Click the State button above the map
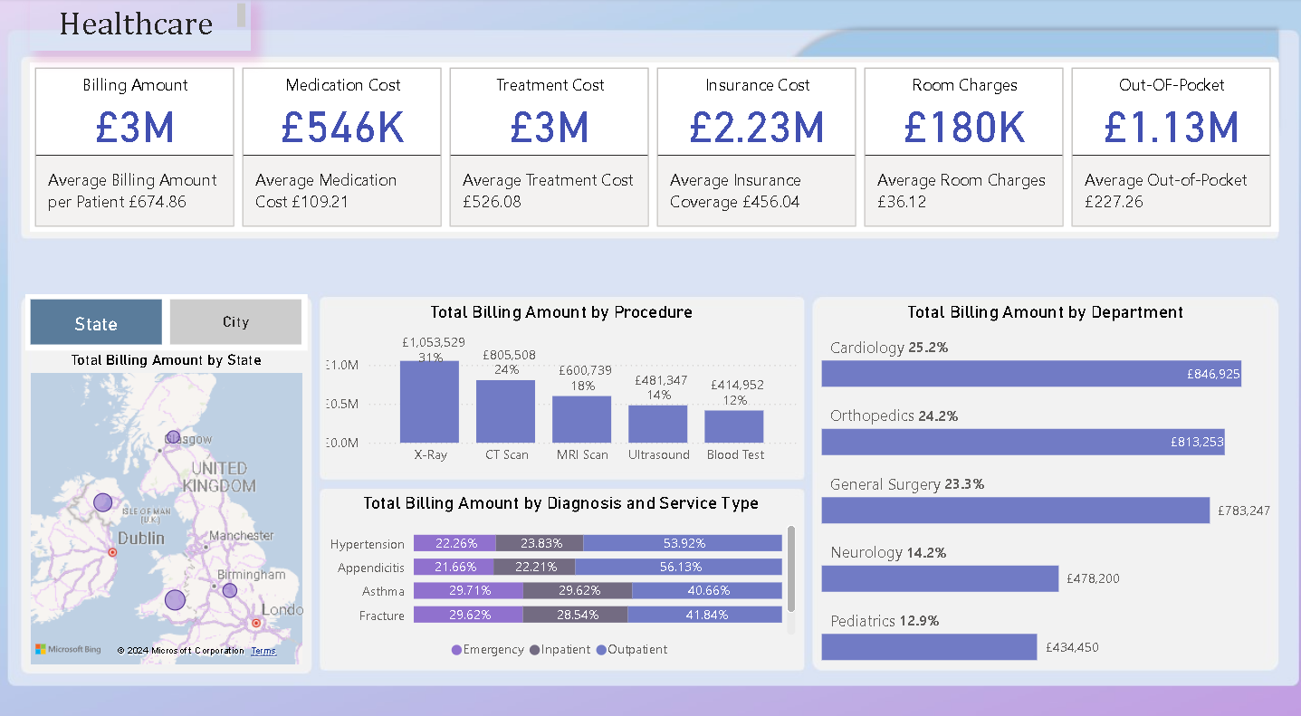click(x=96, y=323)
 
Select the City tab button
click(x=235, y=322)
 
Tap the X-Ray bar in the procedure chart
click(x=429, y=402)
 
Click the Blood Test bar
click(x=734, y=426)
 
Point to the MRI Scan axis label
click(x=582, y=454)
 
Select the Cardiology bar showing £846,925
click(x=1030, y=374)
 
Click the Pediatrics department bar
click(x=929, y=646)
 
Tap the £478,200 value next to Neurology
click(x=1093, y=578)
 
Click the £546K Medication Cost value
click(x=342, y=127)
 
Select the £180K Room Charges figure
click(x=964, y=127)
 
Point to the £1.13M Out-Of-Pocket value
click(x=1171, y=127)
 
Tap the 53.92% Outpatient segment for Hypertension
click(x=683, y=543)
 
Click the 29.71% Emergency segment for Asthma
click(x=468, y=590)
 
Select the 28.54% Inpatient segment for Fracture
click(x=575, y=615)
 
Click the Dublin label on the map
click(x=141, y=539)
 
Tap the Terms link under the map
click(x=263, y=651)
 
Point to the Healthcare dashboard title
click(x=136, y=24)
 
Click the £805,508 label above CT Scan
click(x=505, y=356)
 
